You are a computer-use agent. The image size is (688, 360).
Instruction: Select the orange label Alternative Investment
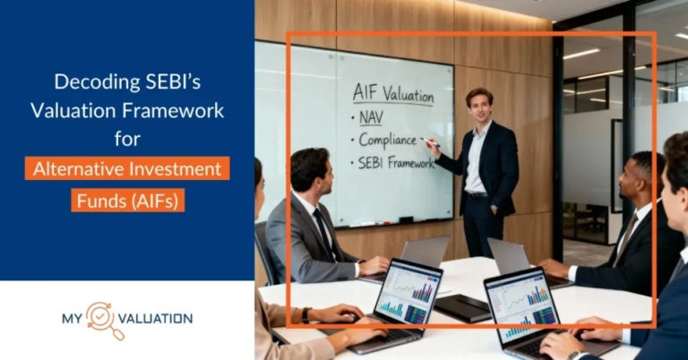click(x=127, y=168)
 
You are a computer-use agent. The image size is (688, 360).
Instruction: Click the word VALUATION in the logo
click(x=153, y=319)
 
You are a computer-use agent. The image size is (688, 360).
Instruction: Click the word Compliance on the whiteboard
click(x=386, y=140)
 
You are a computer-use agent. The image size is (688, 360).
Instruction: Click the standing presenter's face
click(x=479, y=104)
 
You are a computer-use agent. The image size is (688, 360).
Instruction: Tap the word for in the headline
click(x=127, y=140)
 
